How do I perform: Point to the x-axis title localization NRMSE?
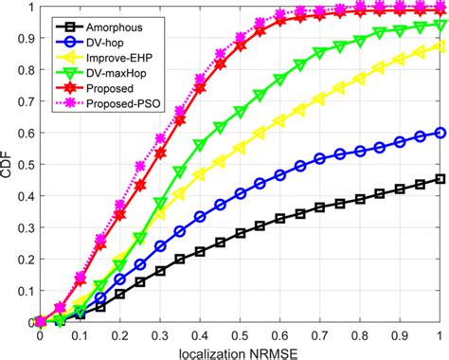[x=239, y=351]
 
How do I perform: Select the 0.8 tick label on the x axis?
[x=360, y=334]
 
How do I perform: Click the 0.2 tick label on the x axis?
[x=120, y=334]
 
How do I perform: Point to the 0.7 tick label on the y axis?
[x=25, y=102]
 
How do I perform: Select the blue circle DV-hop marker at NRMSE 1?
[x=440, y=133]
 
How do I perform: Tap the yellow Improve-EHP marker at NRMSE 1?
[x=440, y=45]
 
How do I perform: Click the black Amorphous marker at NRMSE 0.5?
[x=240, y=232]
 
